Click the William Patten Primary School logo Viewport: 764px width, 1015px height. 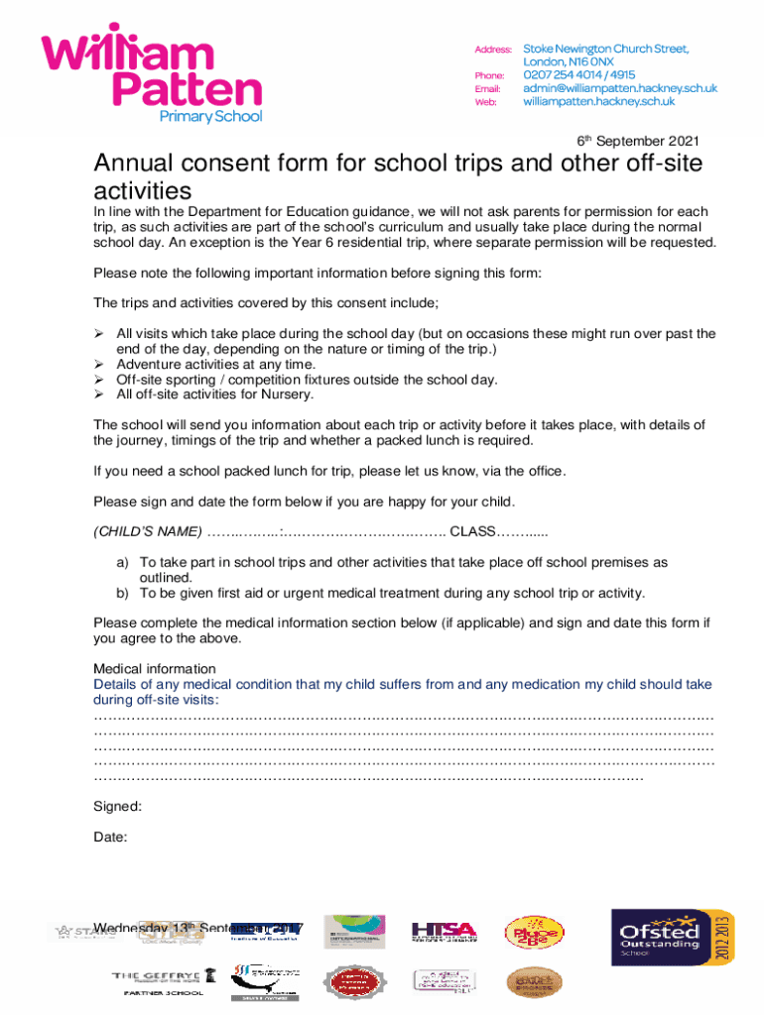point(151,74)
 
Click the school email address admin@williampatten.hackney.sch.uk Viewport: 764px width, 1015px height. point(619,88)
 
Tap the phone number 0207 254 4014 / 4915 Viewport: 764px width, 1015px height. point(579,74)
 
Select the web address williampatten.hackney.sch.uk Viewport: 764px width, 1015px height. point(598,101)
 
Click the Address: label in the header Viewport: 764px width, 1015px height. point(493,50)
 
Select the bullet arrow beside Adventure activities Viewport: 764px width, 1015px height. point(99,365)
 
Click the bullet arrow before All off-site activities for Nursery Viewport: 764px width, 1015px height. point(99,395)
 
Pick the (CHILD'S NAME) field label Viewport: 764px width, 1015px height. point(148,531)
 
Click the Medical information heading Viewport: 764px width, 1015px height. point(154,669)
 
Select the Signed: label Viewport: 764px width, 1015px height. point(117,806)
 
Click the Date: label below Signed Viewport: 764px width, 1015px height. point(110,838)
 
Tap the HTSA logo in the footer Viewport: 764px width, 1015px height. point(444,931)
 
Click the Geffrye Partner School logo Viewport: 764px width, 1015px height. point(164,982)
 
